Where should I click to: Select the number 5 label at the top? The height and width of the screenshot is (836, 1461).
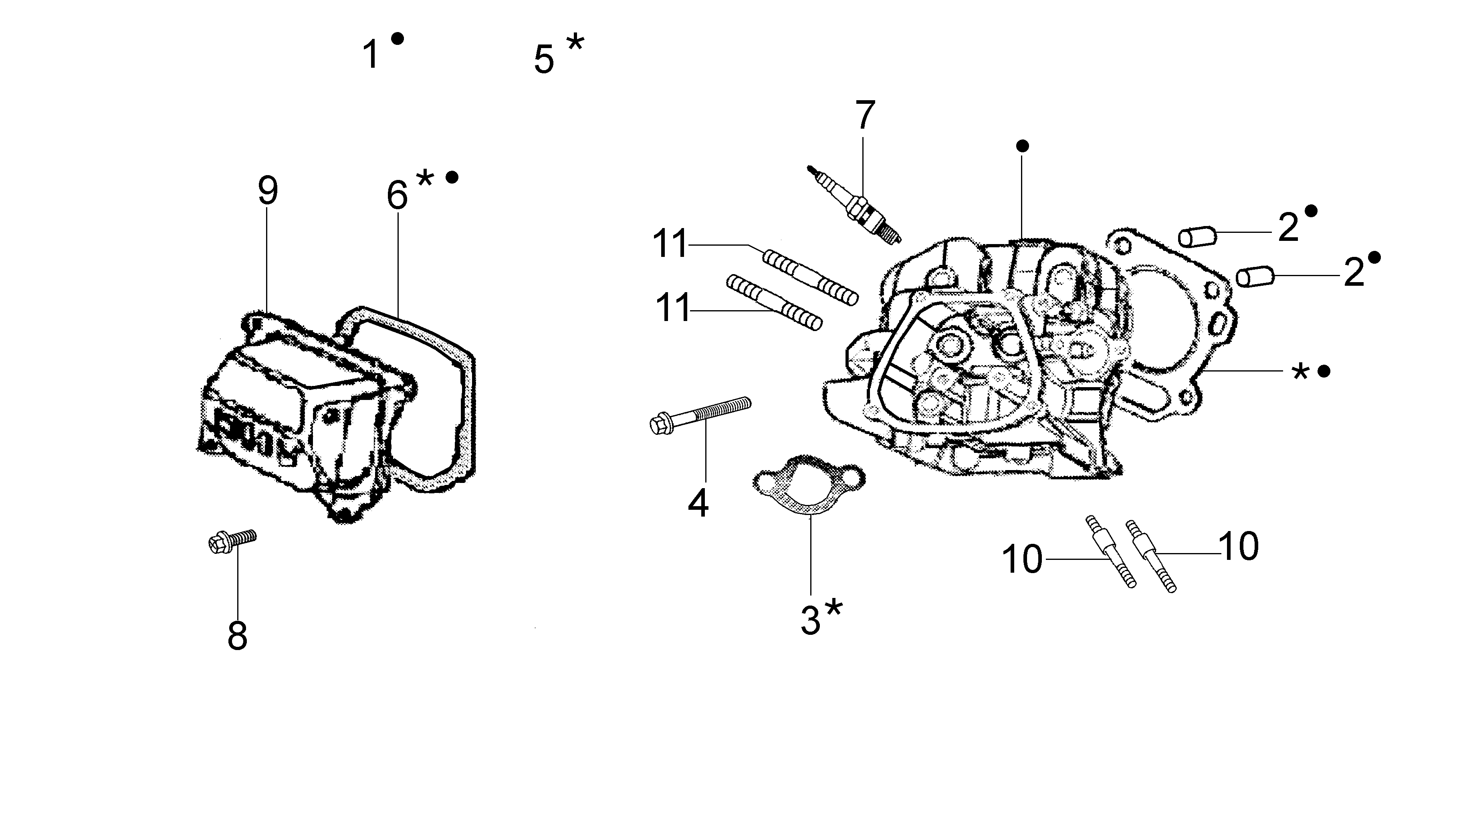[x=544, y=60]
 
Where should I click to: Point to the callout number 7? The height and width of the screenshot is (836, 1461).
[x=865, y=115]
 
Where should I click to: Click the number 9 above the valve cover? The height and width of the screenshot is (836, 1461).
[x=268, y=191]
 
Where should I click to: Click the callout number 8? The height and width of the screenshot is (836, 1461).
[x=237, y=636]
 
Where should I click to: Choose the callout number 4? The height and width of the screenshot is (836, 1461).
[x=698, y=503]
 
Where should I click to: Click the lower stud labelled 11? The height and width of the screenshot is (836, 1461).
[x=774, y=303]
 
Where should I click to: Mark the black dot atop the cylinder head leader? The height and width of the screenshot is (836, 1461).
[x=1022, y=146]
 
